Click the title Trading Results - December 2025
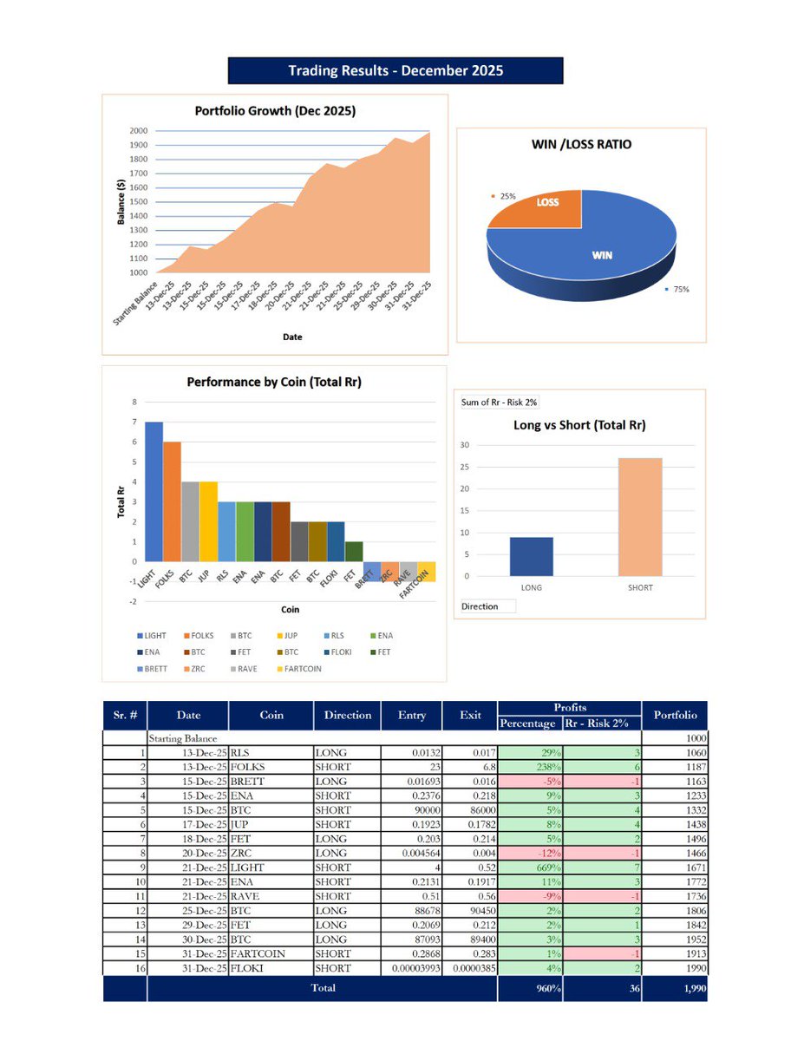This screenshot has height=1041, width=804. tap(395, 70)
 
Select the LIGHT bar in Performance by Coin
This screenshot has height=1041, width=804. tap(154, 491)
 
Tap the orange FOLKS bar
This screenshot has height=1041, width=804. tap(172, 501)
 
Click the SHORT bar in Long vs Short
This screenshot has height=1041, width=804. tap(640, 517)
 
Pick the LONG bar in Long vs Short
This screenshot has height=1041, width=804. tap(531, 556)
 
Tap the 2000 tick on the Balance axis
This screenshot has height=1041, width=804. tap(139, 131)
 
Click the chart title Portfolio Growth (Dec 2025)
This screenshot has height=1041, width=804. tap(275, 111)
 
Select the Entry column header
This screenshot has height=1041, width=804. tap(412, 716)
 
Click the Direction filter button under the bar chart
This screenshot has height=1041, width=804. tap(487, 606)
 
